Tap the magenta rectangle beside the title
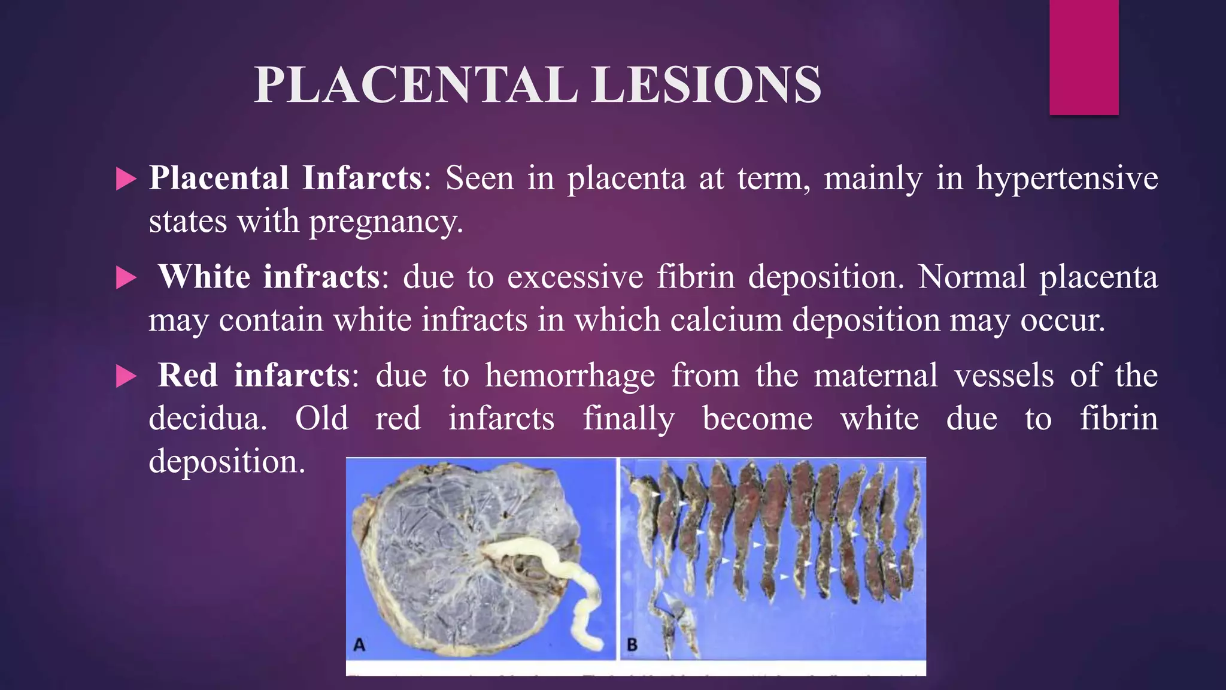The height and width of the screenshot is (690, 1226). click(x=1084, y=57)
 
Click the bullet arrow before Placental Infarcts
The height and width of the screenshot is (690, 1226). click(x=126, y=178)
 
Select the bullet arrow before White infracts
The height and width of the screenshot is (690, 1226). click(x=126, y=278)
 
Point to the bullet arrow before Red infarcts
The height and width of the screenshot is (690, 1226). click(x=126, y=377)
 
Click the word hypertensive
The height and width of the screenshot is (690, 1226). click(x=1067, y=178)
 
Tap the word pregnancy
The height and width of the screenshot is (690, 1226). click(x=386, y=222)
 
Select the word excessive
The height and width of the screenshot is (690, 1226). click(x=575, y=277)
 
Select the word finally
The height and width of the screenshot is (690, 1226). click(x=629, y=419)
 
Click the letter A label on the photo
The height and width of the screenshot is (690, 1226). click(x=359, y=644)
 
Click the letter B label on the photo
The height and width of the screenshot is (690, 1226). click(x=632, y=644)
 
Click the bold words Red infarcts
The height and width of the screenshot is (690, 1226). click(x=254, y=376)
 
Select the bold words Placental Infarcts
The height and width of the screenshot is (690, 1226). click(x=286, y=178)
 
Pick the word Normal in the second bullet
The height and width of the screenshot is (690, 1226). click(x=972, y=277)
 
